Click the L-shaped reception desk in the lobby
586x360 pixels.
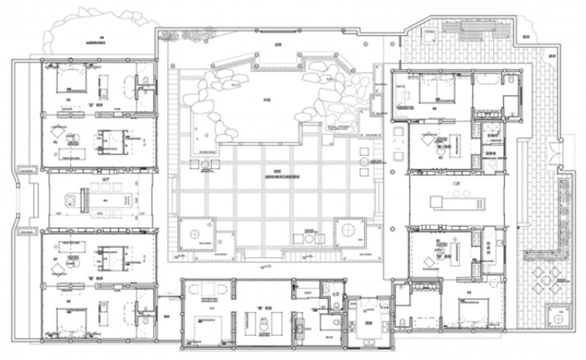[x=455, y=203]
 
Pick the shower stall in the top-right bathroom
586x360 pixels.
[x=511, y=105]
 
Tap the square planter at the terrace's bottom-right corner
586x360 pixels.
[x=559, y=316]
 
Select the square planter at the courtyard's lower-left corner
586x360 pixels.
[x=196, y=234]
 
